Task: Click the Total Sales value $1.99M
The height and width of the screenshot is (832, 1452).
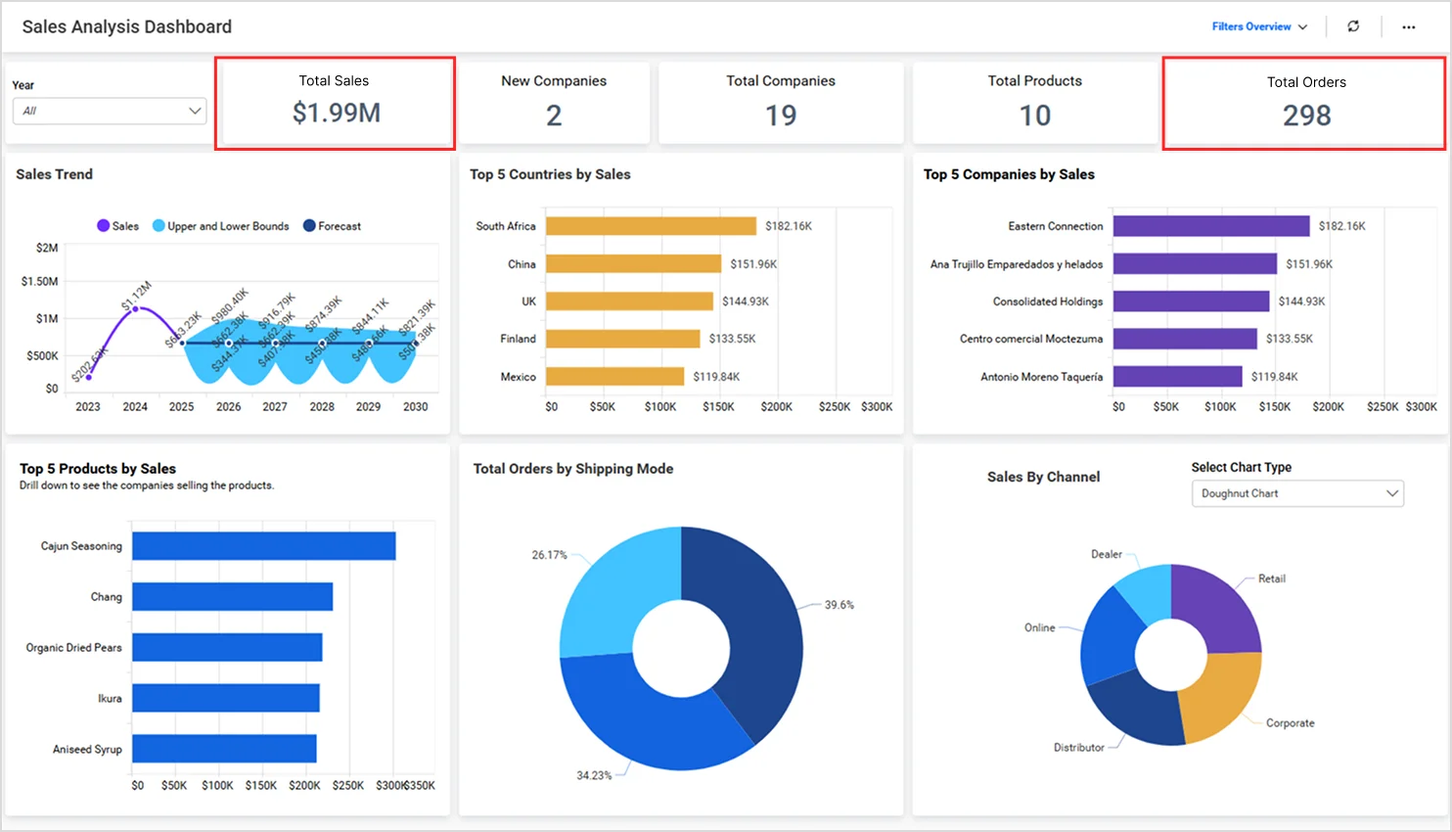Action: click(x=336, y=114)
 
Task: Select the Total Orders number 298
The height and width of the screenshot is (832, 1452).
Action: click(x=1306, y=116)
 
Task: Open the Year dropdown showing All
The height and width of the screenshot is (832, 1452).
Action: click(x=109, y=111)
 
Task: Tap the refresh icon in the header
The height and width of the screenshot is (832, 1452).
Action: click(x=1353, y=26)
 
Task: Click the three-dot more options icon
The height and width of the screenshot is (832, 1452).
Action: click(x=1408, y=27)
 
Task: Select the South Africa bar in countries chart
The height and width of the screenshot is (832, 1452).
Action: click(x=651, y=226)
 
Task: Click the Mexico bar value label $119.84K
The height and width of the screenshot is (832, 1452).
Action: click(x=716, y=377)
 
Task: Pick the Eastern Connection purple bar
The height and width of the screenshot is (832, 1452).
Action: click(x=1210, y=226)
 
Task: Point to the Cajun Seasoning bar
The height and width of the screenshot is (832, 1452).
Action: click(x=263, y=546)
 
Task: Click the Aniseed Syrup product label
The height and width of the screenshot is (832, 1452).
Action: click(x=87, y=750)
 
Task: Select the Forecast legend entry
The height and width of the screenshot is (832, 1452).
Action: click(x=333, y=226)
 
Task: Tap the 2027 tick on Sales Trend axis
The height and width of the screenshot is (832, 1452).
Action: click(x=275, y=407)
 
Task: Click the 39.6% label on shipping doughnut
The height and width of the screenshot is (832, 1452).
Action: click(x=839, y=605)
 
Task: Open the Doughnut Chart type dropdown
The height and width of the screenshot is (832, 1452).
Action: click(x=1296, y=493)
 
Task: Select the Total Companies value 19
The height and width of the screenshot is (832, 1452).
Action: click(x=780, y=116)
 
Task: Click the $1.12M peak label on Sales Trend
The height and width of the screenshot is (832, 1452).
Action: click(x=137, y=296)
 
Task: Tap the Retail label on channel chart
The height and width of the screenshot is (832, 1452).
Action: click(x=1271, y=578)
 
